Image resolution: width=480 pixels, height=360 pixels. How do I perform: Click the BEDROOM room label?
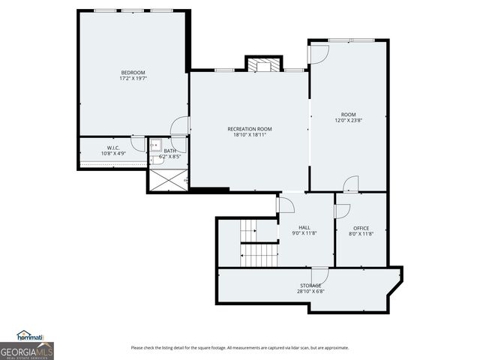pyautogui.click(x=133, y=72)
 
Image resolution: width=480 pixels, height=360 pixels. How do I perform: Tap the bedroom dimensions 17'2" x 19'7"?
pyautogui.click(x=133, y=78)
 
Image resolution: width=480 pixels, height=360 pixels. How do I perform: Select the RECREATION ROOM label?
pyautogui.click(x=250, y=129)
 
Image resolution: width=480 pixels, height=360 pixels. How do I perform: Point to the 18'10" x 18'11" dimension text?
pyautogui.click(x=250, y=135)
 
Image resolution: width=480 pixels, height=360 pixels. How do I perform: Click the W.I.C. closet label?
pyautogui.click(x=113, y=148)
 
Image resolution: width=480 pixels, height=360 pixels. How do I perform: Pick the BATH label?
pyautogui.click(x=170, y=151)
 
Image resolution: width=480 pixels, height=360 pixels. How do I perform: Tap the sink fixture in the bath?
pyautogui.click(x=155, y=146)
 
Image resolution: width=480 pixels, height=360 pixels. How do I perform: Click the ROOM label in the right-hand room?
pyautogui.click(x=349, y=114)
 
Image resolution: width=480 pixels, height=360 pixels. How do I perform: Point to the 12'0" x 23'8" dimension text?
pyautogui.click(x=349, y=120)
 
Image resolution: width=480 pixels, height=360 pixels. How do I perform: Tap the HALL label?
pyautogui.click(x=304, y=227)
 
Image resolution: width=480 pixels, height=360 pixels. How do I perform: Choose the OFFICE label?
pyautogui.click(x=361, y=228)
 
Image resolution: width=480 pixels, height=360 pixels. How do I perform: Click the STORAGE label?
pyautogui.click(x=310, y=285)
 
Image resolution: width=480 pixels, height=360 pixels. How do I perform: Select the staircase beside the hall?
pyautogui.click(x=259, y=244)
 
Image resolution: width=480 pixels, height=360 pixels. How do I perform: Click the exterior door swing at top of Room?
pyautogui.click(x=319, y=53)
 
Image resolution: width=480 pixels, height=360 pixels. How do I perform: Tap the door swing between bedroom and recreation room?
pyautogui.click(x=180, y=126)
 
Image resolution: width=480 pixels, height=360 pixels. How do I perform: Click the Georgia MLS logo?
pyautogui.click(x=27, y=350)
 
